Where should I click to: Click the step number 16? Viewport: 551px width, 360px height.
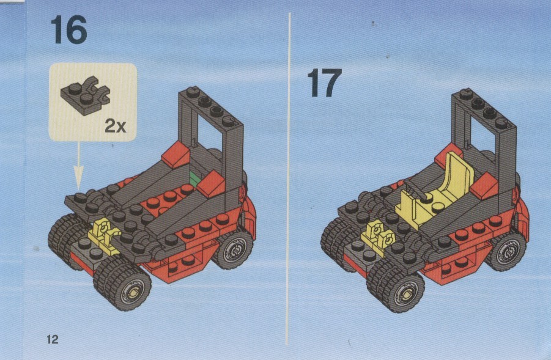69,30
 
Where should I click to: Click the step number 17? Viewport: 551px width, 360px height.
324,83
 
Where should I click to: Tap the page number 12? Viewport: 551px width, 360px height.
53,339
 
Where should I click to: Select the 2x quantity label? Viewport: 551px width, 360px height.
115,126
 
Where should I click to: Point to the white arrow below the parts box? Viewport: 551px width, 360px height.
78,165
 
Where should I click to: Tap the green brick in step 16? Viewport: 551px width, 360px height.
194,178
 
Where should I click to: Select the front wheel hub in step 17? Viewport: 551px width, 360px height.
406,293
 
